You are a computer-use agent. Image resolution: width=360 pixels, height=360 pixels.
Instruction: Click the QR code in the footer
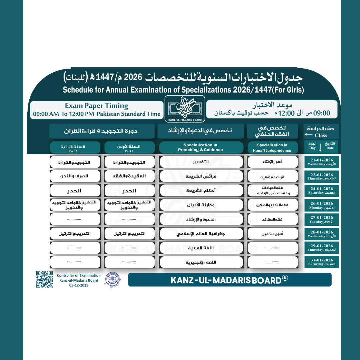44,279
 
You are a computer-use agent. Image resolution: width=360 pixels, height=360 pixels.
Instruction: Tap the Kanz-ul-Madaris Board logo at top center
185,109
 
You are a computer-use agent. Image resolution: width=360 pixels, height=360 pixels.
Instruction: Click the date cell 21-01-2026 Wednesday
321,162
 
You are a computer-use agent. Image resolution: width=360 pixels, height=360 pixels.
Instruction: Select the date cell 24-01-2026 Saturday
321,191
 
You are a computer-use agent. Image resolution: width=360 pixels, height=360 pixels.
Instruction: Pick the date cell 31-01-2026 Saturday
321,262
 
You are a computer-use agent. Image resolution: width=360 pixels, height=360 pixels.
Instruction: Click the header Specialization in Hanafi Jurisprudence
272,148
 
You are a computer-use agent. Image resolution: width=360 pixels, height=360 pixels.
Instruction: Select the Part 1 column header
129,148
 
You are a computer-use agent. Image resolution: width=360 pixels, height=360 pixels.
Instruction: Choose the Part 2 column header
75,148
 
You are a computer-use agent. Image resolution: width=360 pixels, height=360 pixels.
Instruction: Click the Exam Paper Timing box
97,110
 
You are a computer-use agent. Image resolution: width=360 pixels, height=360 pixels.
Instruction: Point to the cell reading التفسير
201,162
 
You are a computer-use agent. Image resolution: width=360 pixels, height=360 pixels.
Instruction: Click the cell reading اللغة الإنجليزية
201,262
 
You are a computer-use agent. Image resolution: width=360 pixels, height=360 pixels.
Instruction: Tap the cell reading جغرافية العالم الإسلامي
201,234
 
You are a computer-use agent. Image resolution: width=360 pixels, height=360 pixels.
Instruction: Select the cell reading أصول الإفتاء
272,162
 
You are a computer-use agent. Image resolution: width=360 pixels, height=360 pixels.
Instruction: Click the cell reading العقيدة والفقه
129,176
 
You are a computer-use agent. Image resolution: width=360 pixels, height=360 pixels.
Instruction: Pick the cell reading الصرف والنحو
75,176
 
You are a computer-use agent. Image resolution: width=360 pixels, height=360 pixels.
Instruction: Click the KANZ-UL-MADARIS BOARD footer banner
230,280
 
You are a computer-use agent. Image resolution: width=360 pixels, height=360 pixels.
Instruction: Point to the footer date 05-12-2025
79,285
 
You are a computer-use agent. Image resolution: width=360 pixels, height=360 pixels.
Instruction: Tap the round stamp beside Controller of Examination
113,280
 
